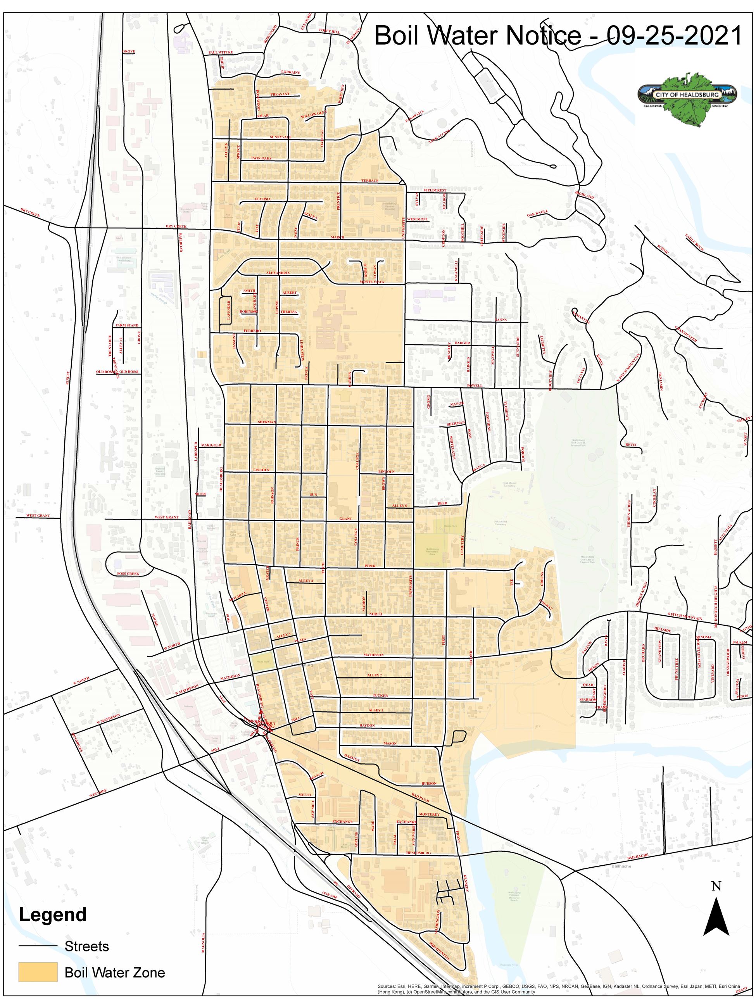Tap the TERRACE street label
pos(369,180)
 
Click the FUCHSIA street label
pos(262,199)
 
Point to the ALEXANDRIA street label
pos(278,273)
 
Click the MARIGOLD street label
pos(211,445)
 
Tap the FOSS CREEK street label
pos(128,574)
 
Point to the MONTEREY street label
pos(428,814)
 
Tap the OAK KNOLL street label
pos(537,213)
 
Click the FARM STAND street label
pos(127,325)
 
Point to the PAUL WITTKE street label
pos(221,52)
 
